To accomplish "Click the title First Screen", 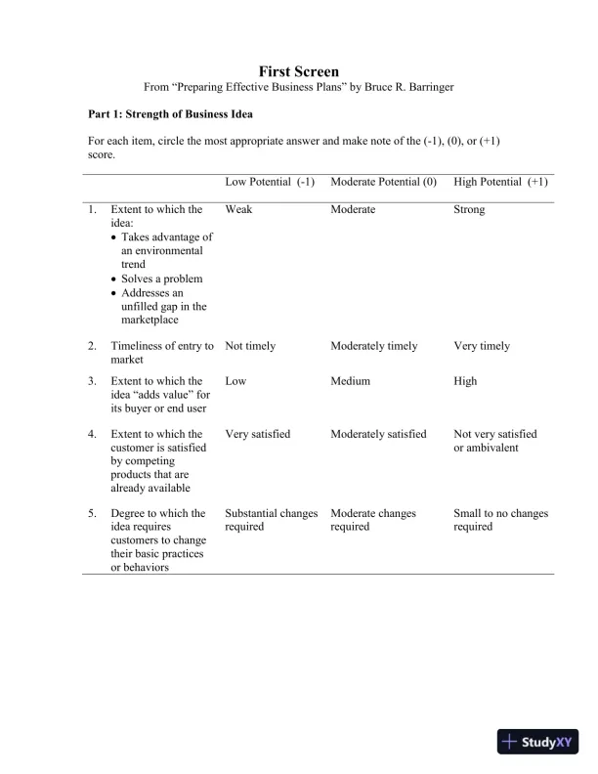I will (x=299, y=71).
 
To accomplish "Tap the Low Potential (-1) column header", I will (x=270, y=182).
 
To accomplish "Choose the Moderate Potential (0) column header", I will (x=383, y=182).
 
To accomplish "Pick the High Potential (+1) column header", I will (x=500, y=182).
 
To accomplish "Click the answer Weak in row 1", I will (x=238, y=209).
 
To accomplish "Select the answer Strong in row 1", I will (x=469, y=209).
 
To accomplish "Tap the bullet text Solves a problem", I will (x=161, y=279).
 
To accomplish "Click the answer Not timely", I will (x=250, y=346).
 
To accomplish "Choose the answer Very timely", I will (x=482, y=346).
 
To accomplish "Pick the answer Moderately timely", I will (x=373, y=346).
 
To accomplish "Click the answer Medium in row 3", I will (x=351, y=381).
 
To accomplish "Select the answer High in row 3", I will (x=465, y=381).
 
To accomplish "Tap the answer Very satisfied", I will (x=257, y=434).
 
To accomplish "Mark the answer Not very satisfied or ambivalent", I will (x=495, y=441).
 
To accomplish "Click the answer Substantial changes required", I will (x=271, y=520).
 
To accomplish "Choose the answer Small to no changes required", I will (x=500, y=520).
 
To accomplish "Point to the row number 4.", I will (x=92, y=434).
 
